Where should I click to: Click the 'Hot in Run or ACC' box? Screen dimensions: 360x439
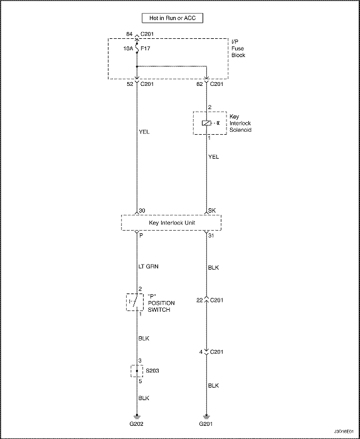(172, 18)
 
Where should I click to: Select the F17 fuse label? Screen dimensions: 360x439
(146, 48)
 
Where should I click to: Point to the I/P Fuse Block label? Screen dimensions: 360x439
(238, 48)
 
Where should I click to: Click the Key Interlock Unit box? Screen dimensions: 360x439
(171, 223)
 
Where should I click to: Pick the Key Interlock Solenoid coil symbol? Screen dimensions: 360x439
(206, 123)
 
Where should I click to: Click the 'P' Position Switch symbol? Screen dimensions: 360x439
(135, 302)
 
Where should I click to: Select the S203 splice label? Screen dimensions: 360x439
(152, 371)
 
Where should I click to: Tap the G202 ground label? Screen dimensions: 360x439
(137, 432)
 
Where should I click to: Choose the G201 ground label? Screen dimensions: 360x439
(206, 432)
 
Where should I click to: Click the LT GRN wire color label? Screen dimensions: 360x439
(149, 267)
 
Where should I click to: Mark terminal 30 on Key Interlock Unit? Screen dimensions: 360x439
(142, 211)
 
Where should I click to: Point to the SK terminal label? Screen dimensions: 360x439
(212, 211)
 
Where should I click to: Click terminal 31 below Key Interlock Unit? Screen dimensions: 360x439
(211, 236)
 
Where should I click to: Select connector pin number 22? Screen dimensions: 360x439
(199, 300)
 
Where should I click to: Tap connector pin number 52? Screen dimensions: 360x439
(130, 84)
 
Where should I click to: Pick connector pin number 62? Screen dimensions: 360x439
(200, 84)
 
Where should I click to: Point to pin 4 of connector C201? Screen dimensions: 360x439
(201, 352)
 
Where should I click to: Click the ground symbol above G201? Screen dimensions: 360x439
(206, 416)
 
